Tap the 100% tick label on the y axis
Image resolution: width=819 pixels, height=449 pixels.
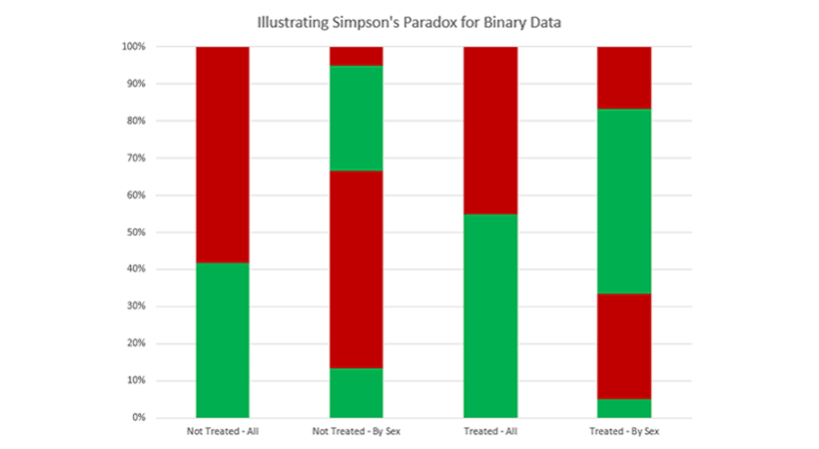click(x=133, y=47)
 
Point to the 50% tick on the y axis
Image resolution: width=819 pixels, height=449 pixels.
click(x=135, y=232)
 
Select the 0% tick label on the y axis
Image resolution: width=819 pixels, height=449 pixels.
click(x=138, y=418)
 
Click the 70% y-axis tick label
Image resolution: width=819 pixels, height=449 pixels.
click(x=135, y=158)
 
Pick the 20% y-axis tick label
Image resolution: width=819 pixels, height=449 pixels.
click(x=135, y=343)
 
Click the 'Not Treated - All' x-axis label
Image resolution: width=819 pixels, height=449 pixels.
click(x=222, y=432)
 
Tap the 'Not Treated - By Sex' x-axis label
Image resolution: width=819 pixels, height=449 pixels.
click(x=357, y=432)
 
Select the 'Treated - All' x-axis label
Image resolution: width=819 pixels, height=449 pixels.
click(x=490, y=432)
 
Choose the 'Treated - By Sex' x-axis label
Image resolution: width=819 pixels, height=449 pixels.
click(x=624, y=432)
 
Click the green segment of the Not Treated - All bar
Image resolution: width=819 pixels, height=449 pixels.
click(x=222, y=340)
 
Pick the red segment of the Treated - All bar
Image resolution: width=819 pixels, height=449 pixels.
click(x=490, y=130)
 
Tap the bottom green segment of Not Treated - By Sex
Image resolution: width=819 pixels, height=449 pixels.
click(x=357, y=393)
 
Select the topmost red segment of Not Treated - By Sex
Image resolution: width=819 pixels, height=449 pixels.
click(x=357, y=56)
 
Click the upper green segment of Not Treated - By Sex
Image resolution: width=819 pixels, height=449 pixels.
click(x=357, y=118)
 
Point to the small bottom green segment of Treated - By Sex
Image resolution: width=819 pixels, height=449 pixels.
click(x=624, y=408)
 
